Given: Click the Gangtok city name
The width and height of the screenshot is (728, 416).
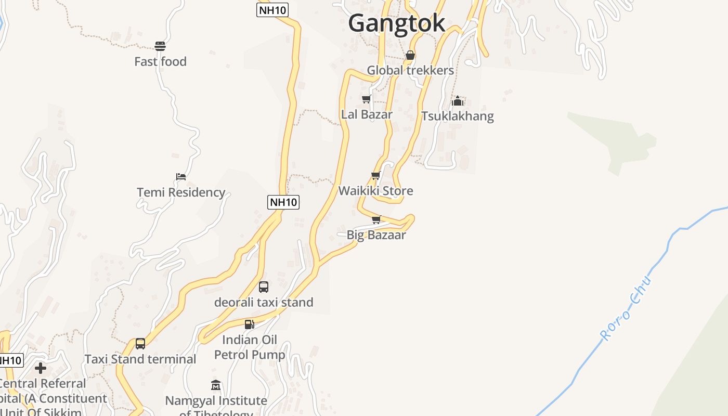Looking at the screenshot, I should pyautogui.click(x=396, y=23).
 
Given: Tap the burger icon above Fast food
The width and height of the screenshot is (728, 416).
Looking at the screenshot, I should pyautogui.click(x=160, y=46).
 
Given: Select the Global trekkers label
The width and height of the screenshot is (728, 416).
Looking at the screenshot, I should pyautogui.click(x=410, y=70).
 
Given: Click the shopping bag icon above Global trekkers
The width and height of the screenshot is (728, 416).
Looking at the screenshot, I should pyautogui.click(x=410, y=55).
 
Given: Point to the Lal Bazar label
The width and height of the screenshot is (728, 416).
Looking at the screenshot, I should pyautogui.click(x=367, y=114).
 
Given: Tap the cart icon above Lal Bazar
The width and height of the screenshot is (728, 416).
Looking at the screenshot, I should pyautogui.click(x=367, y=99).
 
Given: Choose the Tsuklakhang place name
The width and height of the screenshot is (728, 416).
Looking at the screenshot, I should pyautogui.click(x=458, y=116).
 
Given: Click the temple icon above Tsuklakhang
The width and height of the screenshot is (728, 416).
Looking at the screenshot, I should pyautogui.click(x=458, y=101).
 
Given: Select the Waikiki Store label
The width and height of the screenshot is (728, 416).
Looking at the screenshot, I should pyautogui.click(x=376, y=191).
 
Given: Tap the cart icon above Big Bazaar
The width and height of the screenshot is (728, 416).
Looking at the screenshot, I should pyautogui.click(x=376, y=219).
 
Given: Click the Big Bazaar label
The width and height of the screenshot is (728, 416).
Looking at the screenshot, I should pyautogui.click(x=376, y=235).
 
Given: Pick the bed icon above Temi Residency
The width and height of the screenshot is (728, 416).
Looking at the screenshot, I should pyautogui.click(x=181, y=177).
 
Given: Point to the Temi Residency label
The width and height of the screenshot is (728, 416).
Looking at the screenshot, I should pyautogui.click(x=181, y=192).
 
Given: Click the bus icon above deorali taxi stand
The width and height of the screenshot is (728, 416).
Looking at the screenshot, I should pyautogui.click(x=264, y=287).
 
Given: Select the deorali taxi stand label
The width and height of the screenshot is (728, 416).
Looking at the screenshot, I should pyautogui.click(x=264, y=302).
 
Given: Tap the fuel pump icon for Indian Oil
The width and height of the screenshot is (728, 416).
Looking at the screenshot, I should pyautogui.click(x=250, y=324).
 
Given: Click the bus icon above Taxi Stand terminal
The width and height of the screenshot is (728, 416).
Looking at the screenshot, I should pyautogui.click(x=140, y=344).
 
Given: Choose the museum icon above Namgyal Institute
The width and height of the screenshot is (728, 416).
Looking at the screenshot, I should pyautogui.click(x=216, y=385).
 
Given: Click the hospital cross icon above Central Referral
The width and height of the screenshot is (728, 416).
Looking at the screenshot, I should pyautogui.click(x=41, y=369).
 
